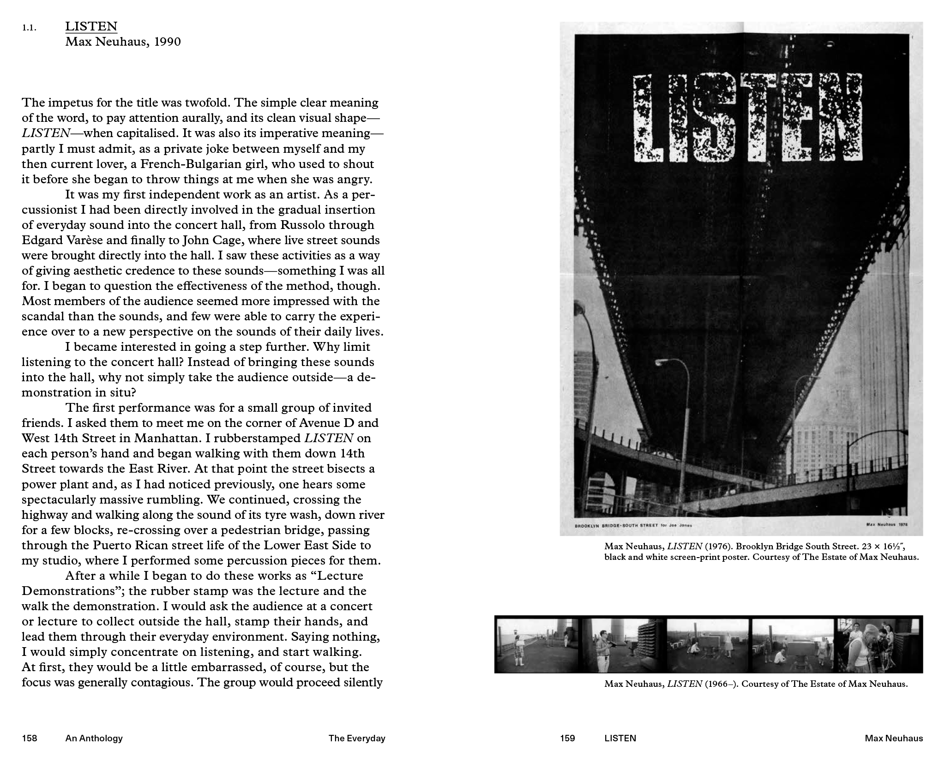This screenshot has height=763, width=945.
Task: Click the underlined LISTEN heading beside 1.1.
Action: coord(91,26)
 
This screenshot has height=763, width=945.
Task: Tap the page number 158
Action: coord(29,738)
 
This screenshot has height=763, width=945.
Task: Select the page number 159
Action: coord(567,738)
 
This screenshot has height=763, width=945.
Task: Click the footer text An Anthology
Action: coord(94,738)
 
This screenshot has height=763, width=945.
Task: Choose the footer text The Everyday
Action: coord(356,738)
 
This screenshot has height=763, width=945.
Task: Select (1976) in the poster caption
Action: coord(718,547)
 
